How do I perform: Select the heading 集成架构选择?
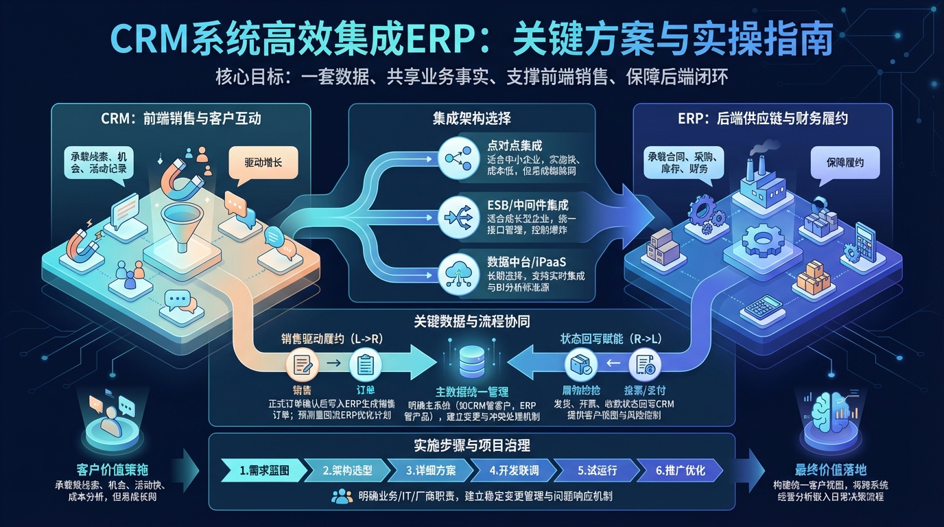tap(471, 118)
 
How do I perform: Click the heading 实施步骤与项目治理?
tap(471, 446)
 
